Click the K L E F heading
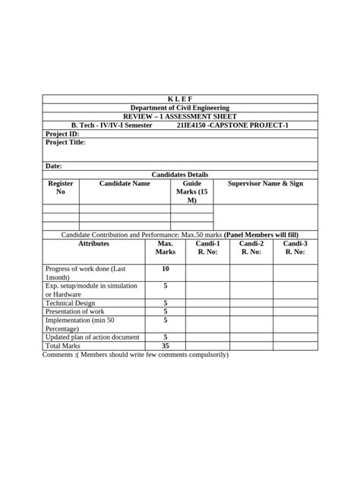coord(179,99)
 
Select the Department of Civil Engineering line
coord(179,108)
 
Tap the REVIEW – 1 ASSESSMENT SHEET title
coord(179,116)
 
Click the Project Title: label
coord(66,142)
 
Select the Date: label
coord(54,166)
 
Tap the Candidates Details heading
coord(179,175)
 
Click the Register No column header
coord(61,188)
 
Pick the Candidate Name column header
coord(125,184)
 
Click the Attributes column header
coord(93,244)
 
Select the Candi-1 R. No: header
coord(207,248)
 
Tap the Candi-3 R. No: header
coord(295,248)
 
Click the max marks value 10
coord(166,270)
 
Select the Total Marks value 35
coord(166,346)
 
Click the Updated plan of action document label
coord(93,336)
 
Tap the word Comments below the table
coord(58,355)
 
